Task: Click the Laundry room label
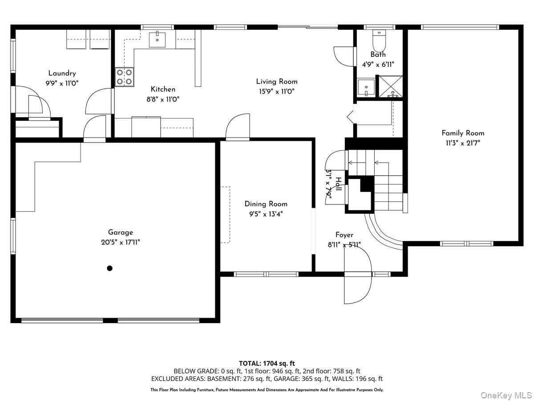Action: point(62,74)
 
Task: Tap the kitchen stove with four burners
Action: point(124,76)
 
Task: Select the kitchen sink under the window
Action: point(157,39)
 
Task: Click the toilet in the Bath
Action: point(379,41)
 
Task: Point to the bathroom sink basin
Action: point(366,87)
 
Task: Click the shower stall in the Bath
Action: point(390,86)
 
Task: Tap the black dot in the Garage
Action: point(109,268)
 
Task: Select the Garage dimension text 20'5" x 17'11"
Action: point(120,242)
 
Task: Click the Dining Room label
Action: point(266,204)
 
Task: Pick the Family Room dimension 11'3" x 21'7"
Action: point(463,143)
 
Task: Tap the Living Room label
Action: point(276,82)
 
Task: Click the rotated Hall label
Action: point(339,184)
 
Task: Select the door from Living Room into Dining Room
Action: point(238,128)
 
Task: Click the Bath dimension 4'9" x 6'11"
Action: point(378,64)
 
